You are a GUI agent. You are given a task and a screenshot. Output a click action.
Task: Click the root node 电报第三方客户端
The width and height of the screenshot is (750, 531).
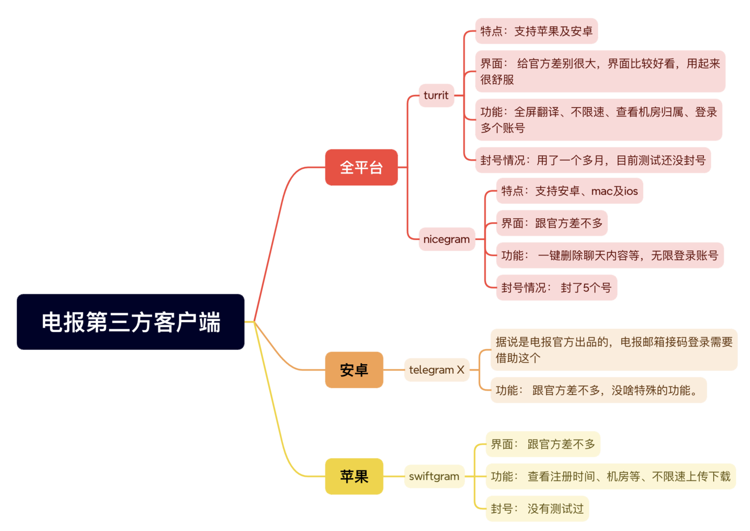point(130,322)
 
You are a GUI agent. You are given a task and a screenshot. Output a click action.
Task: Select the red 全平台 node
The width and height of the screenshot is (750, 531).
point(361,167)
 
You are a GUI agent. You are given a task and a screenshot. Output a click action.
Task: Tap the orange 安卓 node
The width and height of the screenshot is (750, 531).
point(354,370)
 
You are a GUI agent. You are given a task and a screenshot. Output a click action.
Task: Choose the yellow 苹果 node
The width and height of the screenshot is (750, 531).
point(354,476)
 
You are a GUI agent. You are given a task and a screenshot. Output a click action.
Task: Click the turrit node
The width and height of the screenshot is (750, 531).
point(436,95)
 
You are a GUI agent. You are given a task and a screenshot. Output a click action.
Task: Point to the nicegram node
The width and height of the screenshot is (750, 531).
point(446,239)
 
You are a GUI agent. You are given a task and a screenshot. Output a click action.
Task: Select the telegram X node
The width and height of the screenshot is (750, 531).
point(436,370)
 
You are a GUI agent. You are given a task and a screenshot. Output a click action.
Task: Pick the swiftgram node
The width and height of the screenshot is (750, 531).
point(434,476)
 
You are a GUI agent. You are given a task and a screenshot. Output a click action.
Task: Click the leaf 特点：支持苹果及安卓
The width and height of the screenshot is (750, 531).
point(536,31)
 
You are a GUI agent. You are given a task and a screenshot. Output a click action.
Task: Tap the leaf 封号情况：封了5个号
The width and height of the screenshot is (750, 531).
point(556,288)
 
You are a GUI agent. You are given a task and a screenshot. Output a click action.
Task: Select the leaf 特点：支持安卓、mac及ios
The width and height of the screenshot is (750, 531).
point(569,191)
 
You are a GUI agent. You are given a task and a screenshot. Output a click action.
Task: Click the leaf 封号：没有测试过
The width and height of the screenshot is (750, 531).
point(537,508)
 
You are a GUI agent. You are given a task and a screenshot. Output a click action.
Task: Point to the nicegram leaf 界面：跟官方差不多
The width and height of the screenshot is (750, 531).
point(551,223)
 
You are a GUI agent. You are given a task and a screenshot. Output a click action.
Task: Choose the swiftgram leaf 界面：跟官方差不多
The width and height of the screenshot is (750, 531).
point(542,444)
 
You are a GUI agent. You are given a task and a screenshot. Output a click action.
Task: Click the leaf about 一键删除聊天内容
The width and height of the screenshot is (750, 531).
point(609,255)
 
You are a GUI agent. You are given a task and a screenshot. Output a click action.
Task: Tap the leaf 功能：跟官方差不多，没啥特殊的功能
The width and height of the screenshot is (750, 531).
point(598,390)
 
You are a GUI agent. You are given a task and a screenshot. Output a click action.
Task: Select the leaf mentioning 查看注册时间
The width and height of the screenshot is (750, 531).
point(610,476)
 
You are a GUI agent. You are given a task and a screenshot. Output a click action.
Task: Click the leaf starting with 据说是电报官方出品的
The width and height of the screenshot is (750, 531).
point(613,350)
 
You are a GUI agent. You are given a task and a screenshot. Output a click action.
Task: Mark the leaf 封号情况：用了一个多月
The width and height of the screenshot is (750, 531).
point(593,160)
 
